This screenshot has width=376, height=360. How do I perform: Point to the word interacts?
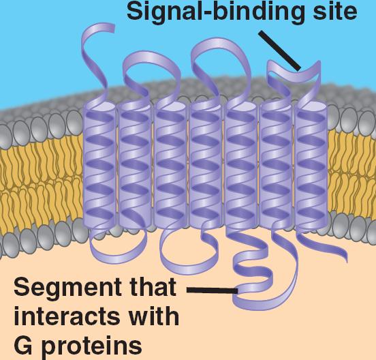point(67,316)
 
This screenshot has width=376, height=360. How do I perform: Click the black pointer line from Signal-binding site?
point(279,51)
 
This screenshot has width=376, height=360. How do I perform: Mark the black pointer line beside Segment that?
point(213,290)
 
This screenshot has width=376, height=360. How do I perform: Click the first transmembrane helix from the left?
point(99,166)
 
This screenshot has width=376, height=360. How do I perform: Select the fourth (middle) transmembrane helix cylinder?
point(206,166)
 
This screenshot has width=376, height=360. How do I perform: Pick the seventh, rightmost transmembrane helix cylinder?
point(311,166)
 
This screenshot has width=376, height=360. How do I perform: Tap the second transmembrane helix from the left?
point(135,166)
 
